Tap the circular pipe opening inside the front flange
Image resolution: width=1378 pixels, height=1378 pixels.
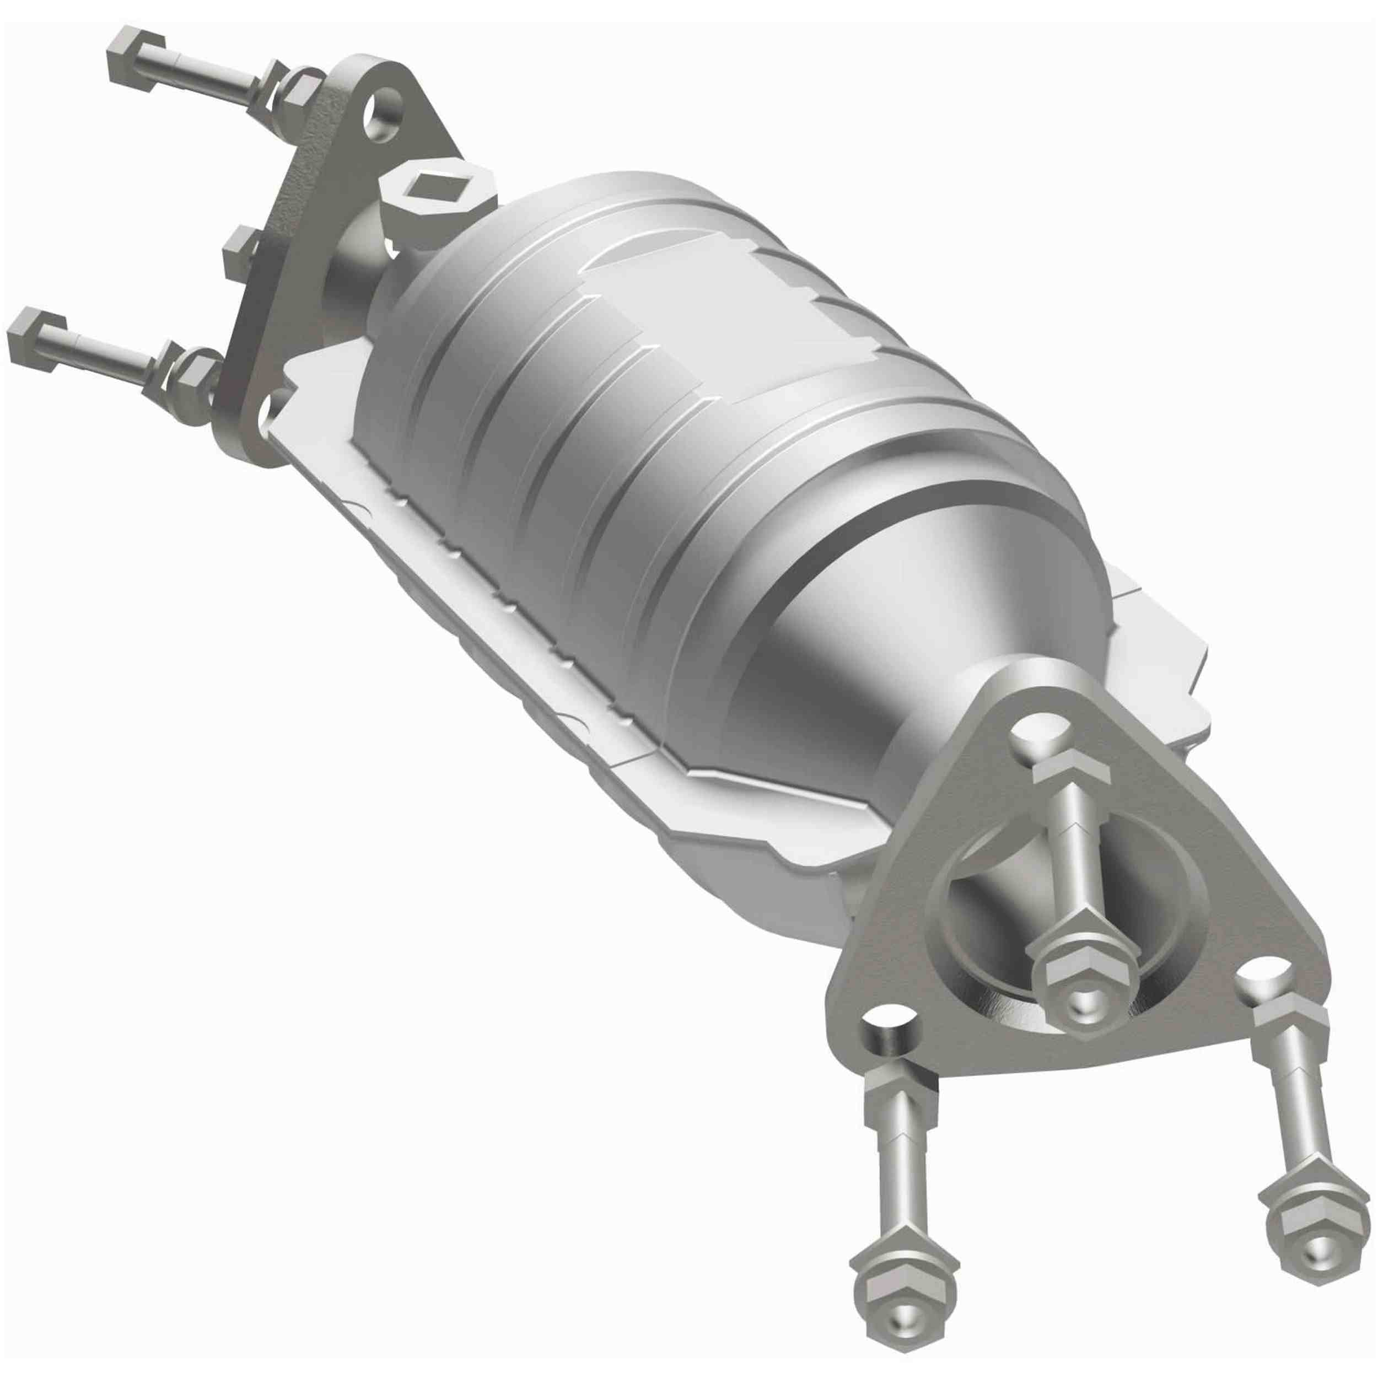pyautogui.click(x=999, y=906)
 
